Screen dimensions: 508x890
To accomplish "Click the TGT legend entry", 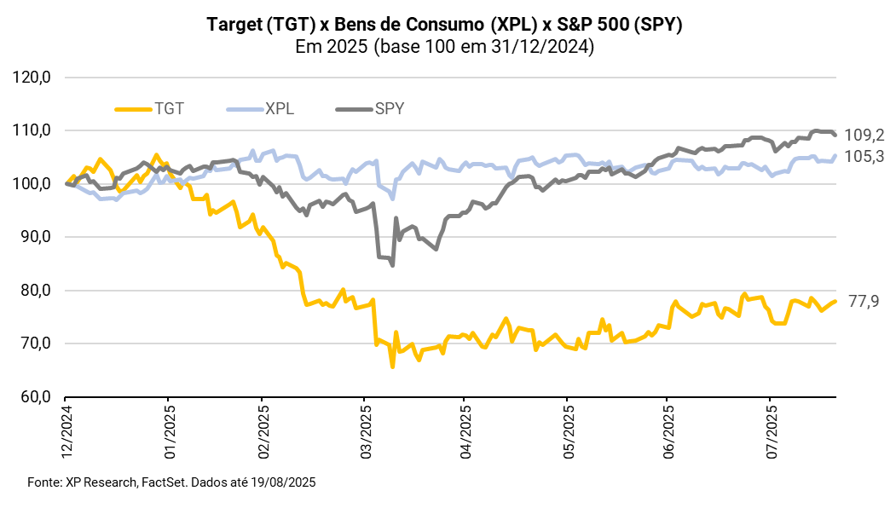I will tap(151, 109).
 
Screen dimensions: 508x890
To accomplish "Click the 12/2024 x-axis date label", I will tap(66, 435).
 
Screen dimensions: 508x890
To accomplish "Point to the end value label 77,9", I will tap(862, 301).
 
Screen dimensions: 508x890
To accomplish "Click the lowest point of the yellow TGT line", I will tap(392, 367).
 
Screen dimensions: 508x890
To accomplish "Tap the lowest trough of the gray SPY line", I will tap(392, 265).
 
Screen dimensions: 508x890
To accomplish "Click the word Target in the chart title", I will tap(234, 25).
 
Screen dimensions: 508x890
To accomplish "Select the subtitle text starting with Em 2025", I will tap(444, 48).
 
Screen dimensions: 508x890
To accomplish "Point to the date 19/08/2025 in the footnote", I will tap(283, 482).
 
